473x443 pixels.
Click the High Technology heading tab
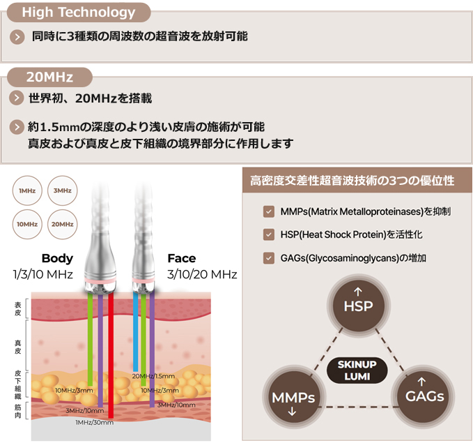pyautogui.click(x=78, y=13)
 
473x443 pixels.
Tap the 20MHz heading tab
pyautogui.click(x=49, y=77)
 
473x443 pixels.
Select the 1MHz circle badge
pyautogui.click(x=28, y=190)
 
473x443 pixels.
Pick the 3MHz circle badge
pyautogui.click(x=62, y=190)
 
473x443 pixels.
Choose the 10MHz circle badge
pyautogui.click(x=28, y=224)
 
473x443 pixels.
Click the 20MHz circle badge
pyautogui.click(x=62, y=224)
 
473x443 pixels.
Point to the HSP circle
pyautogui.click(x=359, y=306)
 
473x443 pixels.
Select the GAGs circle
pyautogui.click(x=424, y=396)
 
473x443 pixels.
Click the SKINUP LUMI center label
pyautogui.click(x=358, y=370)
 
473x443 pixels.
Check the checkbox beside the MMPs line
pyautogui.click(x=268, y=211)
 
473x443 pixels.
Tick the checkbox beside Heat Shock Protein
pyautogui.click(x=268, y=235)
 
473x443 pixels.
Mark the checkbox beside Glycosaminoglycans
pyautogui.click(x=268, y=258)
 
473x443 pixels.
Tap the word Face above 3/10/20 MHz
pyautogui.click(x=181, y=258)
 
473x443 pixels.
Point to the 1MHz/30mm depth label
pyautogui.click(x=95, y=422)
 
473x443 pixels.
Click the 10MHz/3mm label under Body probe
pyautogui.click(x=75, y=390)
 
